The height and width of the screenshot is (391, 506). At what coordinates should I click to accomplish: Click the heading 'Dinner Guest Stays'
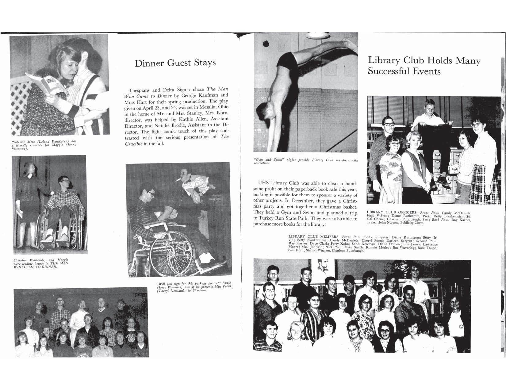coord(175,63)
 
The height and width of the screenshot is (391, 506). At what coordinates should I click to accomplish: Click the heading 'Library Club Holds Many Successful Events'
coord(424,66)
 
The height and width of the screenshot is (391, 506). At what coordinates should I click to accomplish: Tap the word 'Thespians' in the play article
coord(140,90)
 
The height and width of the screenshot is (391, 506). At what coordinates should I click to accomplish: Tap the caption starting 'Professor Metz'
coord(43,145)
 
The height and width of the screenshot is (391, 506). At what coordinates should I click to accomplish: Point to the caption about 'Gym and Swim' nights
coord(305,161)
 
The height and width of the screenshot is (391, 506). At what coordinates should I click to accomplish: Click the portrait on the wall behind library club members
coord(325,266)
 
